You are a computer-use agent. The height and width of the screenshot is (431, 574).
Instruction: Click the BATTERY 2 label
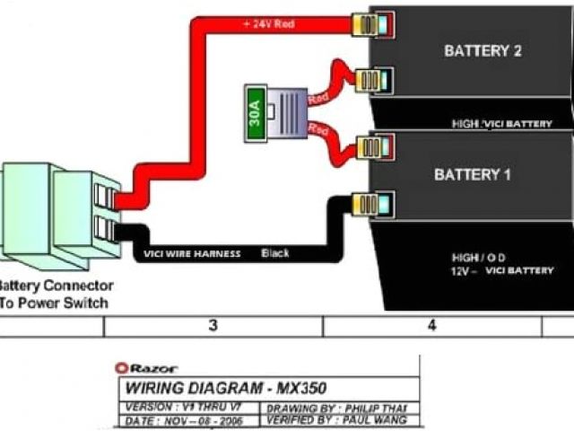click(x=482, y=51)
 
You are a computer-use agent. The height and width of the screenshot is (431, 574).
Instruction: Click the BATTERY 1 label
click(x=472, y=174)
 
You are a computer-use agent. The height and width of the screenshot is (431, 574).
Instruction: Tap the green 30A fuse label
click(x=255, y=115)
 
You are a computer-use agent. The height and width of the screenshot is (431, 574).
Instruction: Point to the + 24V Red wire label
click(x=268, y=23)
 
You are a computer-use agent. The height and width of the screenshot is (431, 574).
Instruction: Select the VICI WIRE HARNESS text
click(x=192, y=254)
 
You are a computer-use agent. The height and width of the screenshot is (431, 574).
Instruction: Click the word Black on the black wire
click(x=275, y=254)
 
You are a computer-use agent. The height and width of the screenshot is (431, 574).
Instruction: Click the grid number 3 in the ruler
click(x=213, y=326)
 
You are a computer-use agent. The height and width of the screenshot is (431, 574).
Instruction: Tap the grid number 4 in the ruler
click(x=431, y=326)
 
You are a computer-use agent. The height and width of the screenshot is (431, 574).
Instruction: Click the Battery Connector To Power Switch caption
click(x=56, y=295)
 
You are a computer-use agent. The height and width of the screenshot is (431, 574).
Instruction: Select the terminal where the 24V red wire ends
click(x=370, y=23)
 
